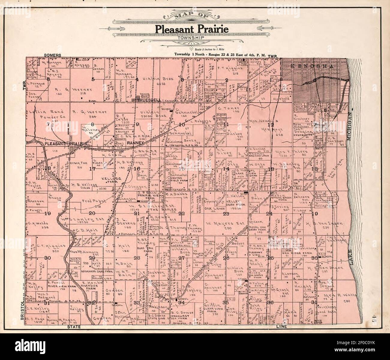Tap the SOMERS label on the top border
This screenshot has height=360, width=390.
pyautogui.click(x=52, y=55)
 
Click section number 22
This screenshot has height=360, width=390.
pyautogui.click(x=181, y=214)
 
